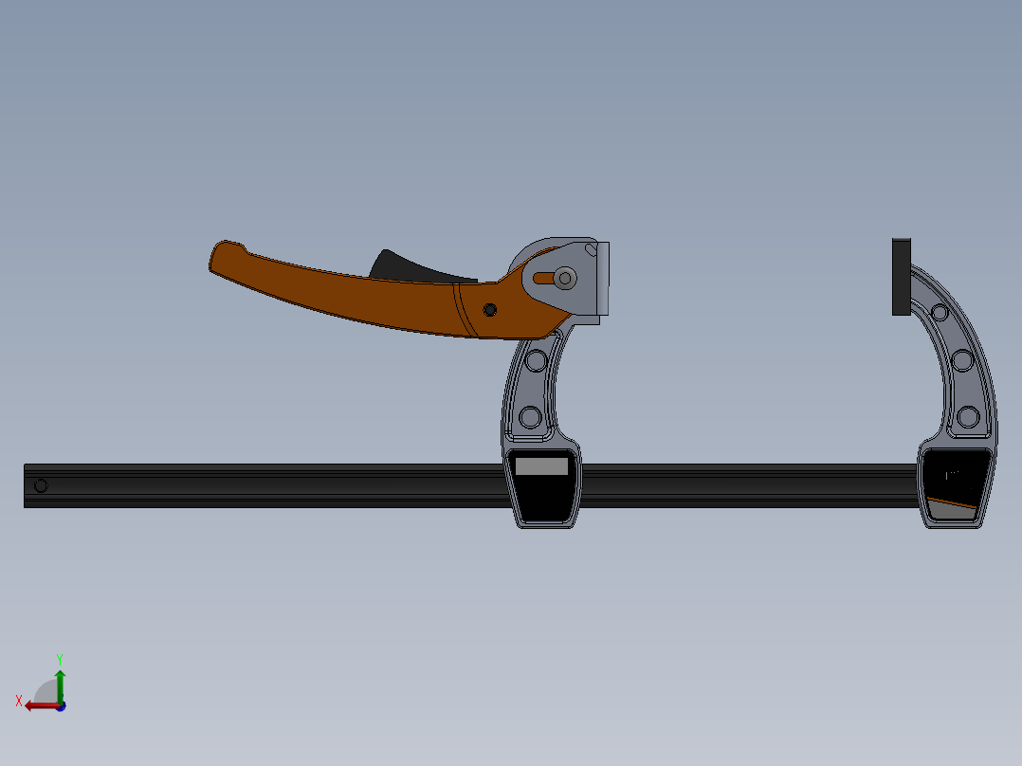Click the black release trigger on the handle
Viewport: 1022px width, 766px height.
coord(402,266)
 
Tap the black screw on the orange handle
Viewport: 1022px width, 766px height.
coord(489,310)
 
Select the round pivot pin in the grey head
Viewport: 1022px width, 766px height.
coord(565,278)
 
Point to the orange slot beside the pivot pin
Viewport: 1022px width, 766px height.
coord(543,278)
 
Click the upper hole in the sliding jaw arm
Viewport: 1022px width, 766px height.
coord(535,360)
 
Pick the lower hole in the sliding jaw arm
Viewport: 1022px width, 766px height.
coord(529,417)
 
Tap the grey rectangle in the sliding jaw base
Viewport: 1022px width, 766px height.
coord(541,466)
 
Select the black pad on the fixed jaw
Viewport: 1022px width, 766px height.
coord(901,277)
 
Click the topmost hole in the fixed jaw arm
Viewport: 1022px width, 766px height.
coord(940,313)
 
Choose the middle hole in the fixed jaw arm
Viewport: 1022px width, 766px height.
coord(961,360)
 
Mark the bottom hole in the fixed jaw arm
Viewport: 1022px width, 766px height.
coord(967,416)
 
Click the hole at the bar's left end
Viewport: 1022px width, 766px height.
coord(40,486)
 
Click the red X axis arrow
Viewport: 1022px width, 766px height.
coord(38,705)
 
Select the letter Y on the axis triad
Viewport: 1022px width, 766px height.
coord(60,658)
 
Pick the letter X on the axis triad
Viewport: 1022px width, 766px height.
coord(19,701)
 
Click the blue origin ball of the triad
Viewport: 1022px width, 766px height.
coord(60,706)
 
